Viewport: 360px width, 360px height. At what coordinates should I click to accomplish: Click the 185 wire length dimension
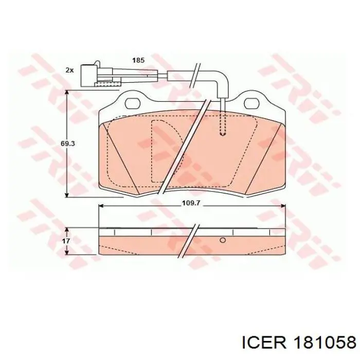click(x=138, y=60)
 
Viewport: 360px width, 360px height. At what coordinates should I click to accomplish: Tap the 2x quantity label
click(x=69, y=70)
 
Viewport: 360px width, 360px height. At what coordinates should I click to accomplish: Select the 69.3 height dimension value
click(x=68, y=143)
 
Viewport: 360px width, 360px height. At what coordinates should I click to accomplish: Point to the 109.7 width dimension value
click(x=190, y=203)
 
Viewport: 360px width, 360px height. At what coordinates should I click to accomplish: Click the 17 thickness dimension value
click(x=66, y=241)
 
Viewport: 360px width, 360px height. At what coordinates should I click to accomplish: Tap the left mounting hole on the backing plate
click(x=133, y=103)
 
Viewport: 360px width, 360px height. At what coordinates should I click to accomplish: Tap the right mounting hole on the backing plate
click(x=252, y=103)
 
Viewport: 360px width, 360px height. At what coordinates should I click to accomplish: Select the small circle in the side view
click(x=223, y=240)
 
